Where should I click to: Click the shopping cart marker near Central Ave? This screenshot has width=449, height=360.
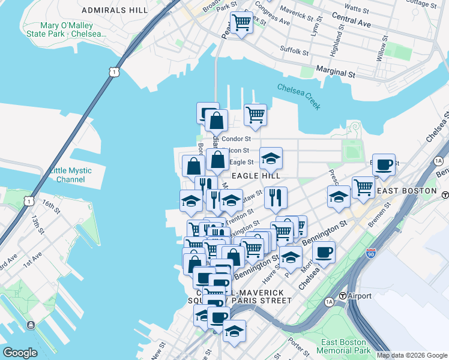[241, 23]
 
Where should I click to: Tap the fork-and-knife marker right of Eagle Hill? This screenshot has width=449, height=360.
[275, 196]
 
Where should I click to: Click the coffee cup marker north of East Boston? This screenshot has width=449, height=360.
[384, 164]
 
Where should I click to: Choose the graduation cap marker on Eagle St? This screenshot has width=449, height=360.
[271, 158]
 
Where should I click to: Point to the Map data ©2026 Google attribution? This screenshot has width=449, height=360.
[411, 355]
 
